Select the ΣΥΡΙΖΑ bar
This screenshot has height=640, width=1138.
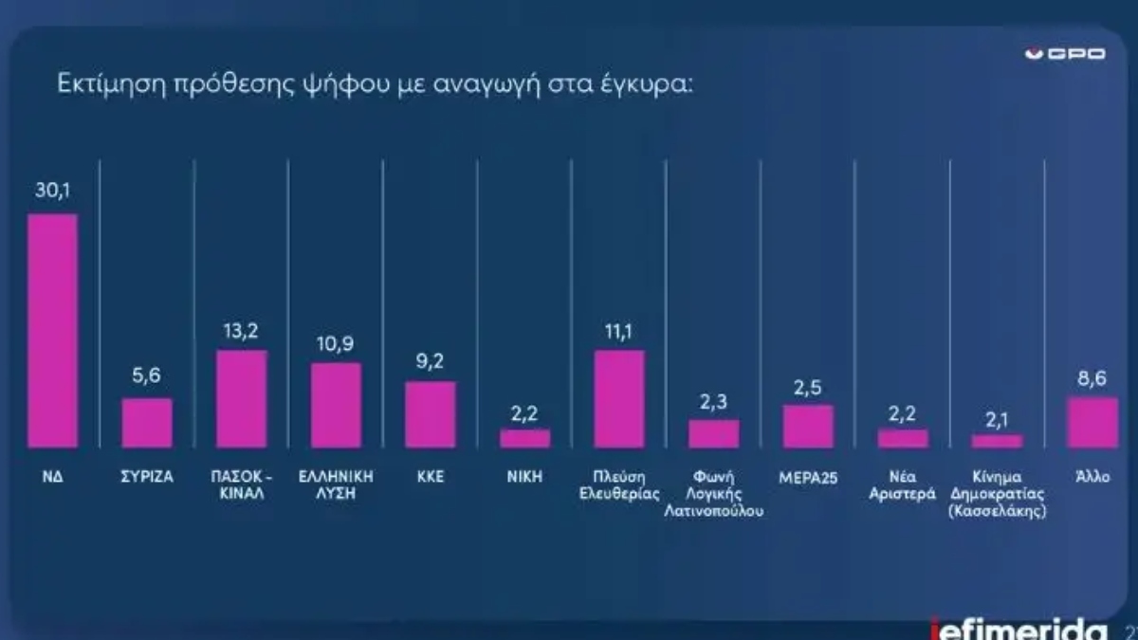click(147, 423)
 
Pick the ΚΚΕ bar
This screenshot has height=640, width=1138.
click(431, 414)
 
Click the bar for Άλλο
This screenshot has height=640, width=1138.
click(1092, 422)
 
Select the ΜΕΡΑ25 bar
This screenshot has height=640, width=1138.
click(808, 427)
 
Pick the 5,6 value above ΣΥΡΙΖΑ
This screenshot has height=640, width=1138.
click(147, 377)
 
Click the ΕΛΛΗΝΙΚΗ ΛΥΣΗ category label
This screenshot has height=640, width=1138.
click(336, 485)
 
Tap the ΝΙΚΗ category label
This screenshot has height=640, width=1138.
click(524, 477)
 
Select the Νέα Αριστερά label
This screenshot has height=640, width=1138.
click(902, 485)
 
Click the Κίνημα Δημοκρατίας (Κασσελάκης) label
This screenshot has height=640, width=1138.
click(997, 493)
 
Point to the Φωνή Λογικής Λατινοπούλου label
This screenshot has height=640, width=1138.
click(713, 493)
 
